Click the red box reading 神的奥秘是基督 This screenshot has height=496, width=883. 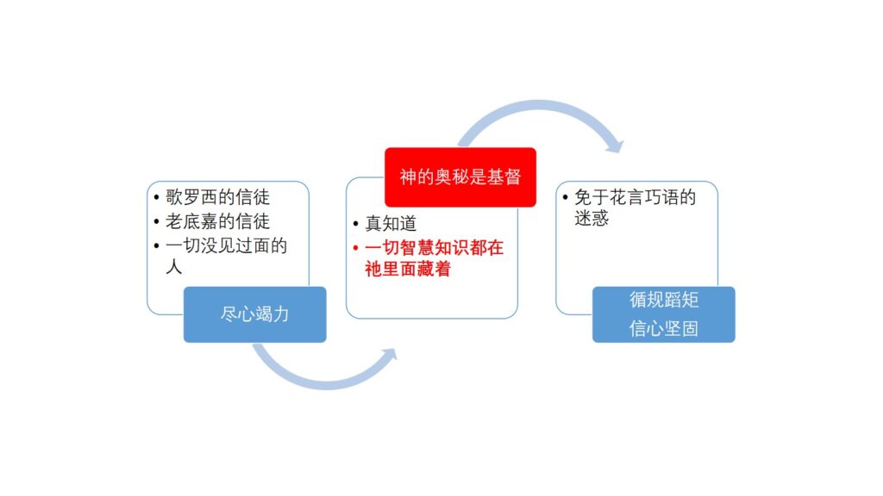460,177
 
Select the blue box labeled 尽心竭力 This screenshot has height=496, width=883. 254,314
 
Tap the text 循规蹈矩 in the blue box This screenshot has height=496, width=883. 664,300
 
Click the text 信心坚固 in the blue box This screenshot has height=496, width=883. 664,328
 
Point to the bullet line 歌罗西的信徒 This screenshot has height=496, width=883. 217,197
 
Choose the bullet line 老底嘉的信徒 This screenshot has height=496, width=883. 217,221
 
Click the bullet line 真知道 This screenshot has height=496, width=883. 391,223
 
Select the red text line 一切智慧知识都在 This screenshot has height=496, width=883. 435,247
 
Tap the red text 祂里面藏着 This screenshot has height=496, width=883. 408,269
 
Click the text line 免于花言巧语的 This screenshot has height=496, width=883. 635,197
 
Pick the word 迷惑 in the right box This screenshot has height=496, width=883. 592,218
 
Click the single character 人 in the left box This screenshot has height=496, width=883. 174,266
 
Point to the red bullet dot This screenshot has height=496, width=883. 355,248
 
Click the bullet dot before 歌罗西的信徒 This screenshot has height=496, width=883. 156,197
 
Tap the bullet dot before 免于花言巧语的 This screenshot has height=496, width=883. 565,197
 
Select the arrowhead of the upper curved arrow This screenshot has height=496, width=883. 616,146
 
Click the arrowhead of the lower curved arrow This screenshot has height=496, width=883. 389,355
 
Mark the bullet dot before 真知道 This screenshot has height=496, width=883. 355,224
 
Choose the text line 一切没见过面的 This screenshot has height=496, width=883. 227,245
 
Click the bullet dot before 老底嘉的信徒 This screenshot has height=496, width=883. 156,221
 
